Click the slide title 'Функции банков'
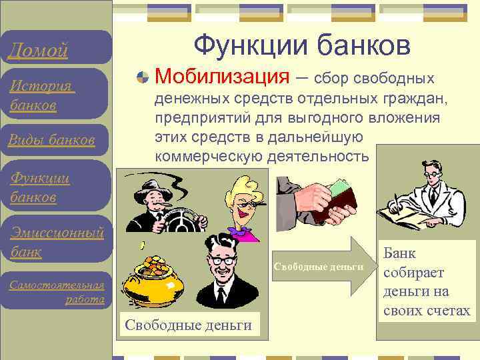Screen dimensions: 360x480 [301, 45]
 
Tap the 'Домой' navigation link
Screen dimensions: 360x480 [37, 50]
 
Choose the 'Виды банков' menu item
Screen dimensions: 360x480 [51, 139]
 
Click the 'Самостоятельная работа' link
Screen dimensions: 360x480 [57, 292]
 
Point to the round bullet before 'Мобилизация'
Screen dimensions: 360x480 [141, 79]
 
